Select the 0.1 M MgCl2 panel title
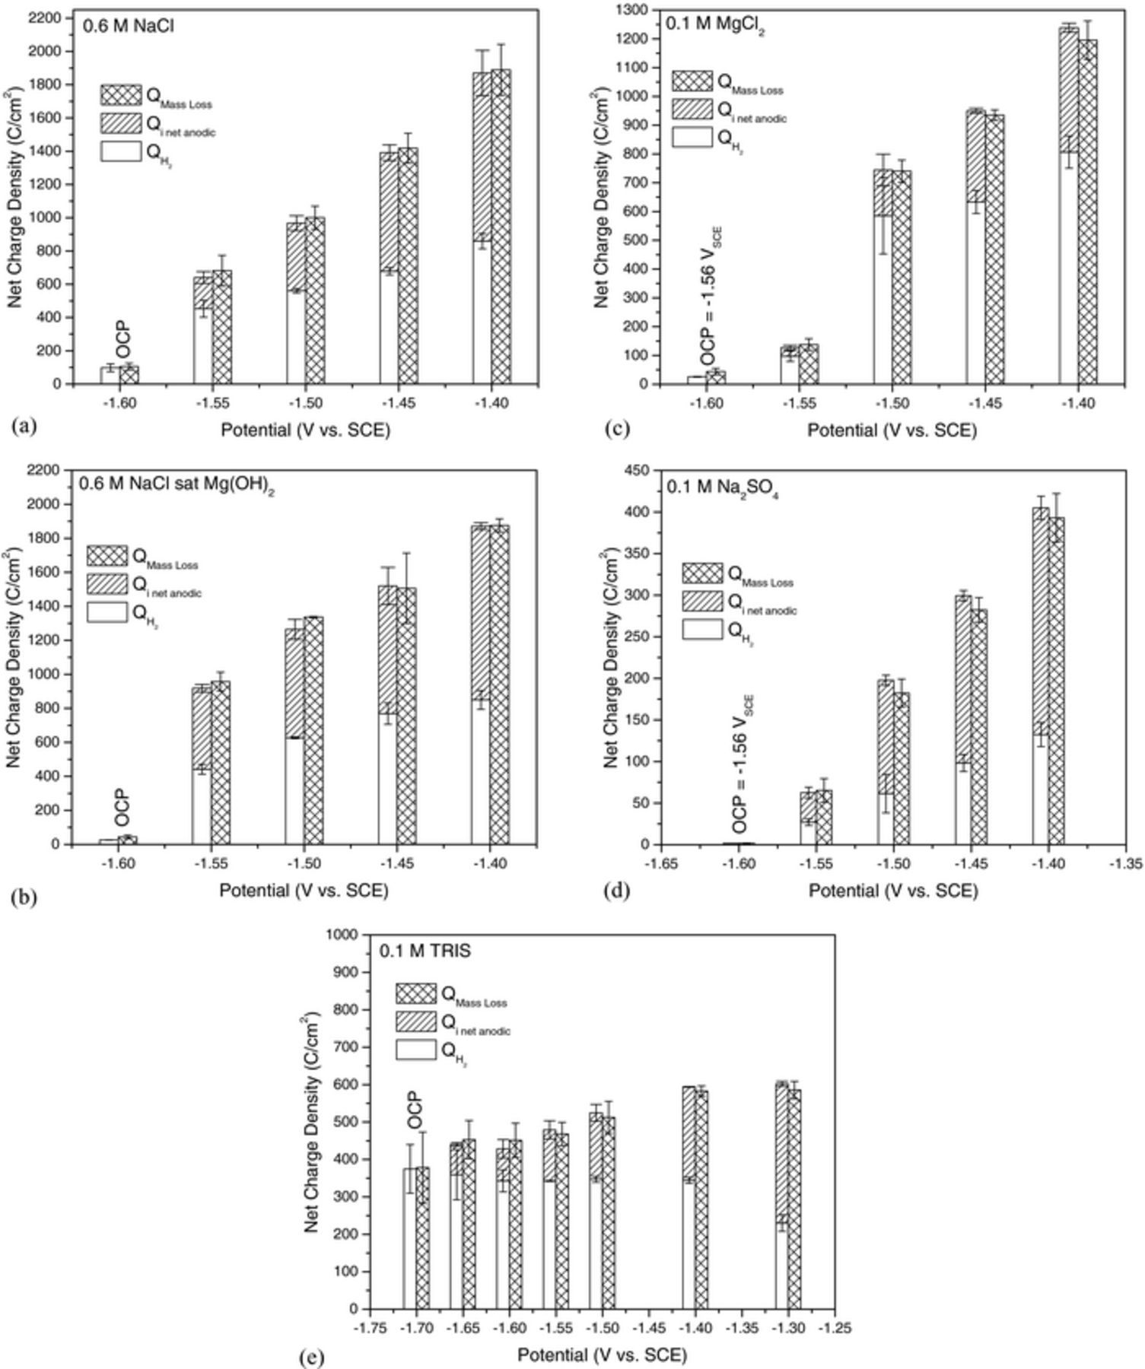pos(715,24)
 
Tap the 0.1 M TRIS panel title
pos(425,950)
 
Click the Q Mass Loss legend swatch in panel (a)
pos(121,95)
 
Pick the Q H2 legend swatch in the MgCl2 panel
pos(692,138)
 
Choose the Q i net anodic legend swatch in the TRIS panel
pos(416,1021)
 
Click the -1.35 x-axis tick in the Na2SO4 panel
pos(1125,864)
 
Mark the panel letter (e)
pos(312,1358)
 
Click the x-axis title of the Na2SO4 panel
pos(892,891)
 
